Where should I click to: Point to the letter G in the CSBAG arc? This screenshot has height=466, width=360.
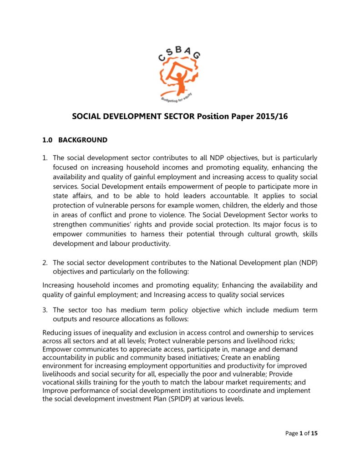point(196,56)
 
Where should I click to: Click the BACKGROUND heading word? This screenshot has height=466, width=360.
point(83,140)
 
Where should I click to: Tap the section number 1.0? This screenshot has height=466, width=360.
point(48,140)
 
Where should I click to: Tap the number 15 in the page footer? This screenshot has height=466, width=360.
point(314,433)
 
